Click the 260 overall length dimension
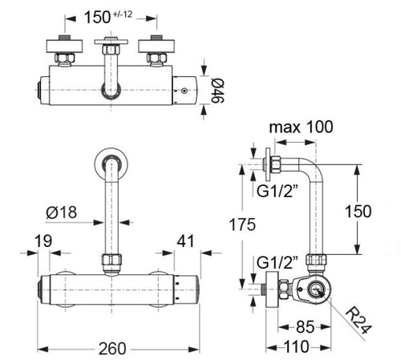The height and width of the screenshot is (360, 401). point(112,349)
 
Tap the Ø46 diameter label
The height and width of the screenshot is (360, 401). point(218,91)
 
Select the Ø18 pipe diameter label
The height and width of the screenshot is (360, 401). point(62,212)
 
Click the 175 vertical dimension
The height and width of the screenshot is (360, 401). point(242,224)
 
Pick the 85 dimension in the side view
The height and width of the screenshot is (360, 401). point(306,327)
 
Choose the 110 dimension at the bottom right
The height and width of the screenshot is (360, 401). point(297,346)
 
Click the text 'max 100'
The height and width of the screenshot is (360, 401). point(302,127)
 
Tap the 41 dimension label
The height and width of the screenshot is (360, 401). point(185,241)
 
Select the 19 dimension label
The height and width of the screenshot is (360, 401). point(43,241)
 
